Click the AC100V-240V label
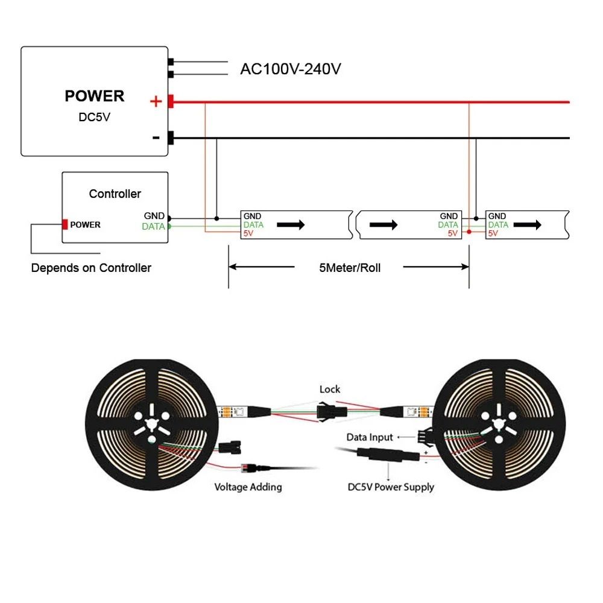(x=291, y=69)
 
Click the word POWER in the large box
(x=94, y=96)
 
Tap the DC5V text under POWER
(x=95, y=117)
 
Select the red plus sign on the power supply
(x=156, y=101)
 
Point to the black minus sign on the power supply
(x=156, y=137)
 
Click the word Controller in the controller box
(x=115, y=194)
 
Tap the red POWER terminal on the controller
(x=64, y=224)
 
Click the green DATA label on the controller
(x=153, y=227)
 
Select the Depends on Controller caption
(x=91, y=268)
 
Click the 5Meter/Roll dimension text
(x=350, y=268)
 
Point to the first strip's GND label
(x=253, y=216)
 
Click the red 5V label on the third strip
(x=493, y=233)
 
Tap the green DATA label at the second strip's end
(x=448, y=224)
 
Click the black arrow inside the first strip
(x=291, y=224)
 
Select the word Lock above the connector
(x=330, y=390)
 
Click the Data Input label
(x=370, y=437)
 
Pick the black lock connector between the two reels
(x=330, y=412)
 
